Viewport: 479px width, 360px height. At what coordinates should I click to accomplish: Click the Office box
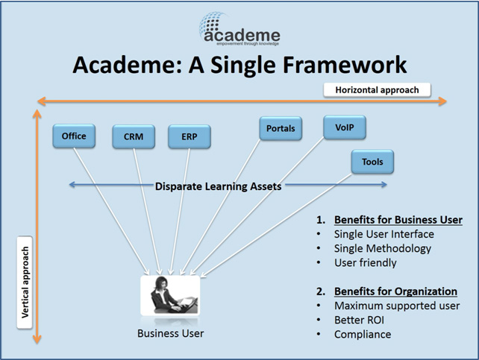tap(74, 136)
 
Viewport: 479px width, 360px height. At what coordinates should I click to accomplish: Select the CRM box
tap(134, 136)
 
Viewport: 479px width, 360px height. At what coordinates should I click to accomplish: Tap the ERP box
tap(190, 136)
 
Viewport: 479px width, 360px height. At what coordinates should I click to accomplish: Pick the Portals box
tap(281, 128)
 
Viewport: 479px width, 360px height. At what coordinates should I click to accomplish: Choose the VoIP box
tap(345, 127)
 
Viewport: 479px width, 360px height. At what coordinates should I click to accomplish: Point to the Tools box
tap(372, 162)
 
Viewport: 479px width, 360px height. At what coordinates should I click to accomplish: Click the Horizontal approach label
tap(377, 90)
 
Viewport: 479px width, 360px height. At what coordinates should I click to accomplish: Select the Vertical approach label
tap(25, 282)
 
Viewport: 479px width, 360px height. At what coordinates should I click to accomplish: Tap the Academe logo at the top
tap(239, 29)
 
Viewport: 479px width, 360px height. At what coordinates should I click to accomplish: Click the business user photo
tap(170, 295)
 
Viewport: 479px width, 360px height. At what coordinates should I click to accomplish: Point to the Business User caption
tap(170, 333)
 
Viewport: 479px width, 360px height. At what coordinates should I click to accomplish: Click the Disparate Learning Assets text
tap(218, 186)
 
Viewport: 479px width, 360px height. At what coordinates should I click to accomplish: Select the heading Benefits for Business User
tap(398, 220)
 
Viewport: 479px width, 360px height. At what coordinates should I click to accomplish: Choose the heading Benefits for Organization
tap(395, 291)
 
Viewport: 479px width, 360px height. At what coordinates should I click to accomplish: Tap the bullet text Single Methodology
tap(383, 248)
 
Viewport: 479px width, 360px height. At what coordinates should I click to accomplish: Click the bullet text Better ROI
tap(359, 320)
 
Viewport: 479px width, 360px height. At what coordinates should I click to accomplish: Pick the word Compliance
tap(363, 335)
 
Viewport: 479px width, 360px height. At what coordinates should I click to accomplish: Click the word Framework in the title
tap(345, 65)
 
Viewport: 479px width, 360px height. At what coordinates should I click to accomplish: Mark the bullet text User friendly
tap(366, 262)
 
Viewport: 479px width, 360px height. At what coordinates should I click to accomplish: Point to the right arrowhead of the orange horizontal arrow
tap(442, 101)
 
